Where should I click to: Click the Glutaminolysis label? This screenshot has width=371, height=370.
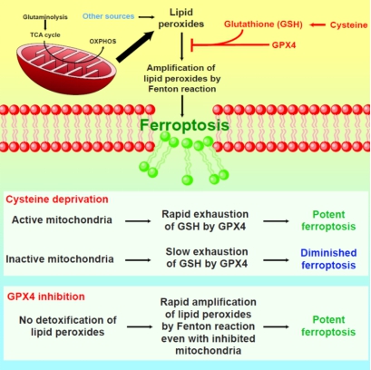coord(45,17)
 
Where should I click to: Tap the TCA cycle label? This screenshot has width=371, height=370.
coord(45,34)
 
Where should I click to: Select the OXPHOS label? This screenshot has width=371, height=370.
coord(103,42)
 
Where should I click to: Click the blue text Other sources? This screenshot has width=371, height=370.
coord(108,16)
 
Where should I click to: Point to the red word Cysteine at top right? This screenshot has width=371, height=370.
coord(348,24)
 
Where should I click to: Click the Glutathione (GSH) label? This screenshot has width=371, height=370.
coord(263,24)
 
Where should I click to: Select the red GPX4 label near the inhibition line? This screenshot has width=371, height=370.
coord(284,45)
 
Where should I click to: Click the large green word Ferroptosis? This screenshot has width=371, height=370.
coord(184,125)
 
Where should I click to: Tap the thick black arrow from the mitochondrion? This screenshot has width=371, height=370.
coord(135,45)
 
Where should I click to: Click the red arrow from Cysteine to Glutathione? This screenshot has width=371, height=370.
coord(317,24)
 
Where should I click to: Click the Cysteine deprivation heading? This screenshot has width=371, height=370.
coord(57,200)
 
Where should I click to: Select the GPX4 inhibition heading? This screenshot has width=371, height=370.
coord(46,297)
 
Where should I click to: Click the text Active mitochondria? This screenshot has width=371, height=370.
coord(62,219)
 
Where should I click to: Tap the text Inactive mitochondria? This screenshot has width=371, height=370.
coord(60,259)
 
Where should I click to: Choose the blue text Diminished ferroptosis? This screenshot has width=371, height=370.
coord(328,258)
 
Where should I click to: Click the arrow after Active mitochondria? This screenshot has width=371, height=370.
coord(138,221)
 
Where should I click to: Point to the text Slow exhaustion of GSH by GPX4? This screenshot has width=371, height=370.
coord(207,258)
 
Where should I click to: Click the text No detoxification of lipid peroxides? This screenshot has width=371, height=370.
coord(68,326)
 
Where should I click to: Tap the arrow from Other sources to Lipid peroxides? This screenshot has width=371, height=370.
coord(146,17)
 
